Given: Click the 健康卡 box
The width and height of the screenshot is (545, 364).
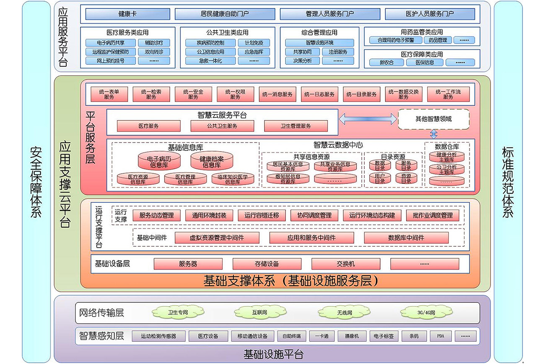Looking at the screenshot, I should pos(127,14).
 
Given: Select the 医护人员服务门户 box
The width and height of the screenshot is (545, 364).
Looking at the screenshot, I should pos(430,14).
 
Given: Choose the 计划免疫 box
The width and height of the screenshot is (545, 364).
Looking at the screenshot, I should pos(254,42).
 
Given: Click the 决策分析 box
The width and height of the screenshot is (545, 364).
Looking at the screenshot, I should pos(302,60).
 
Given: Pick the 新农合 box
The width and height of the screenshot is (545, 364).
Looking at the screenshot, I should pos(387,63).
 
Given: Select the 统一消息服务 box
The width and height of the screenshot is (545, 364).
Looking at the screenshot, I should pos(277,94).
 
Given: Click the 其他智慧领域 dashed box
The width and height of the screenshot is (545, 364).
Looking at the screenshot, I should pos(433,119).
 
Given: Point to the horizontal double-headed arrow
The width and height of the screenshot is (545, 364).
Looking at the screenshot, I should pos(368,119).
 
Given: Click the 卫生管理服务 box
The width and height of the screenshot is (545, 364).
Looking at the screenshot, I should pos(296,126).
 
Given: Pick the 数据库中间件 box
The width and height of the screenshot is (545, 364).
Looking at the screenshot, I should pos(406,238).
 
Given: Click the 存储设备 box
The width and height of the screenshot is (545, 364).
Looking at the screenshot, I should pos(267,264).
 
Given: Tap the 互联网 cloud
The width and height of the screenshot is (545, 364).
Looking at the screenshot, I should pos(260,312).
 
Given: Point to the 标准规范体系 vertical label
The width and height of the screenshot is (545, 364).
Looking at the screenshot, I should pos(508,182).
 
